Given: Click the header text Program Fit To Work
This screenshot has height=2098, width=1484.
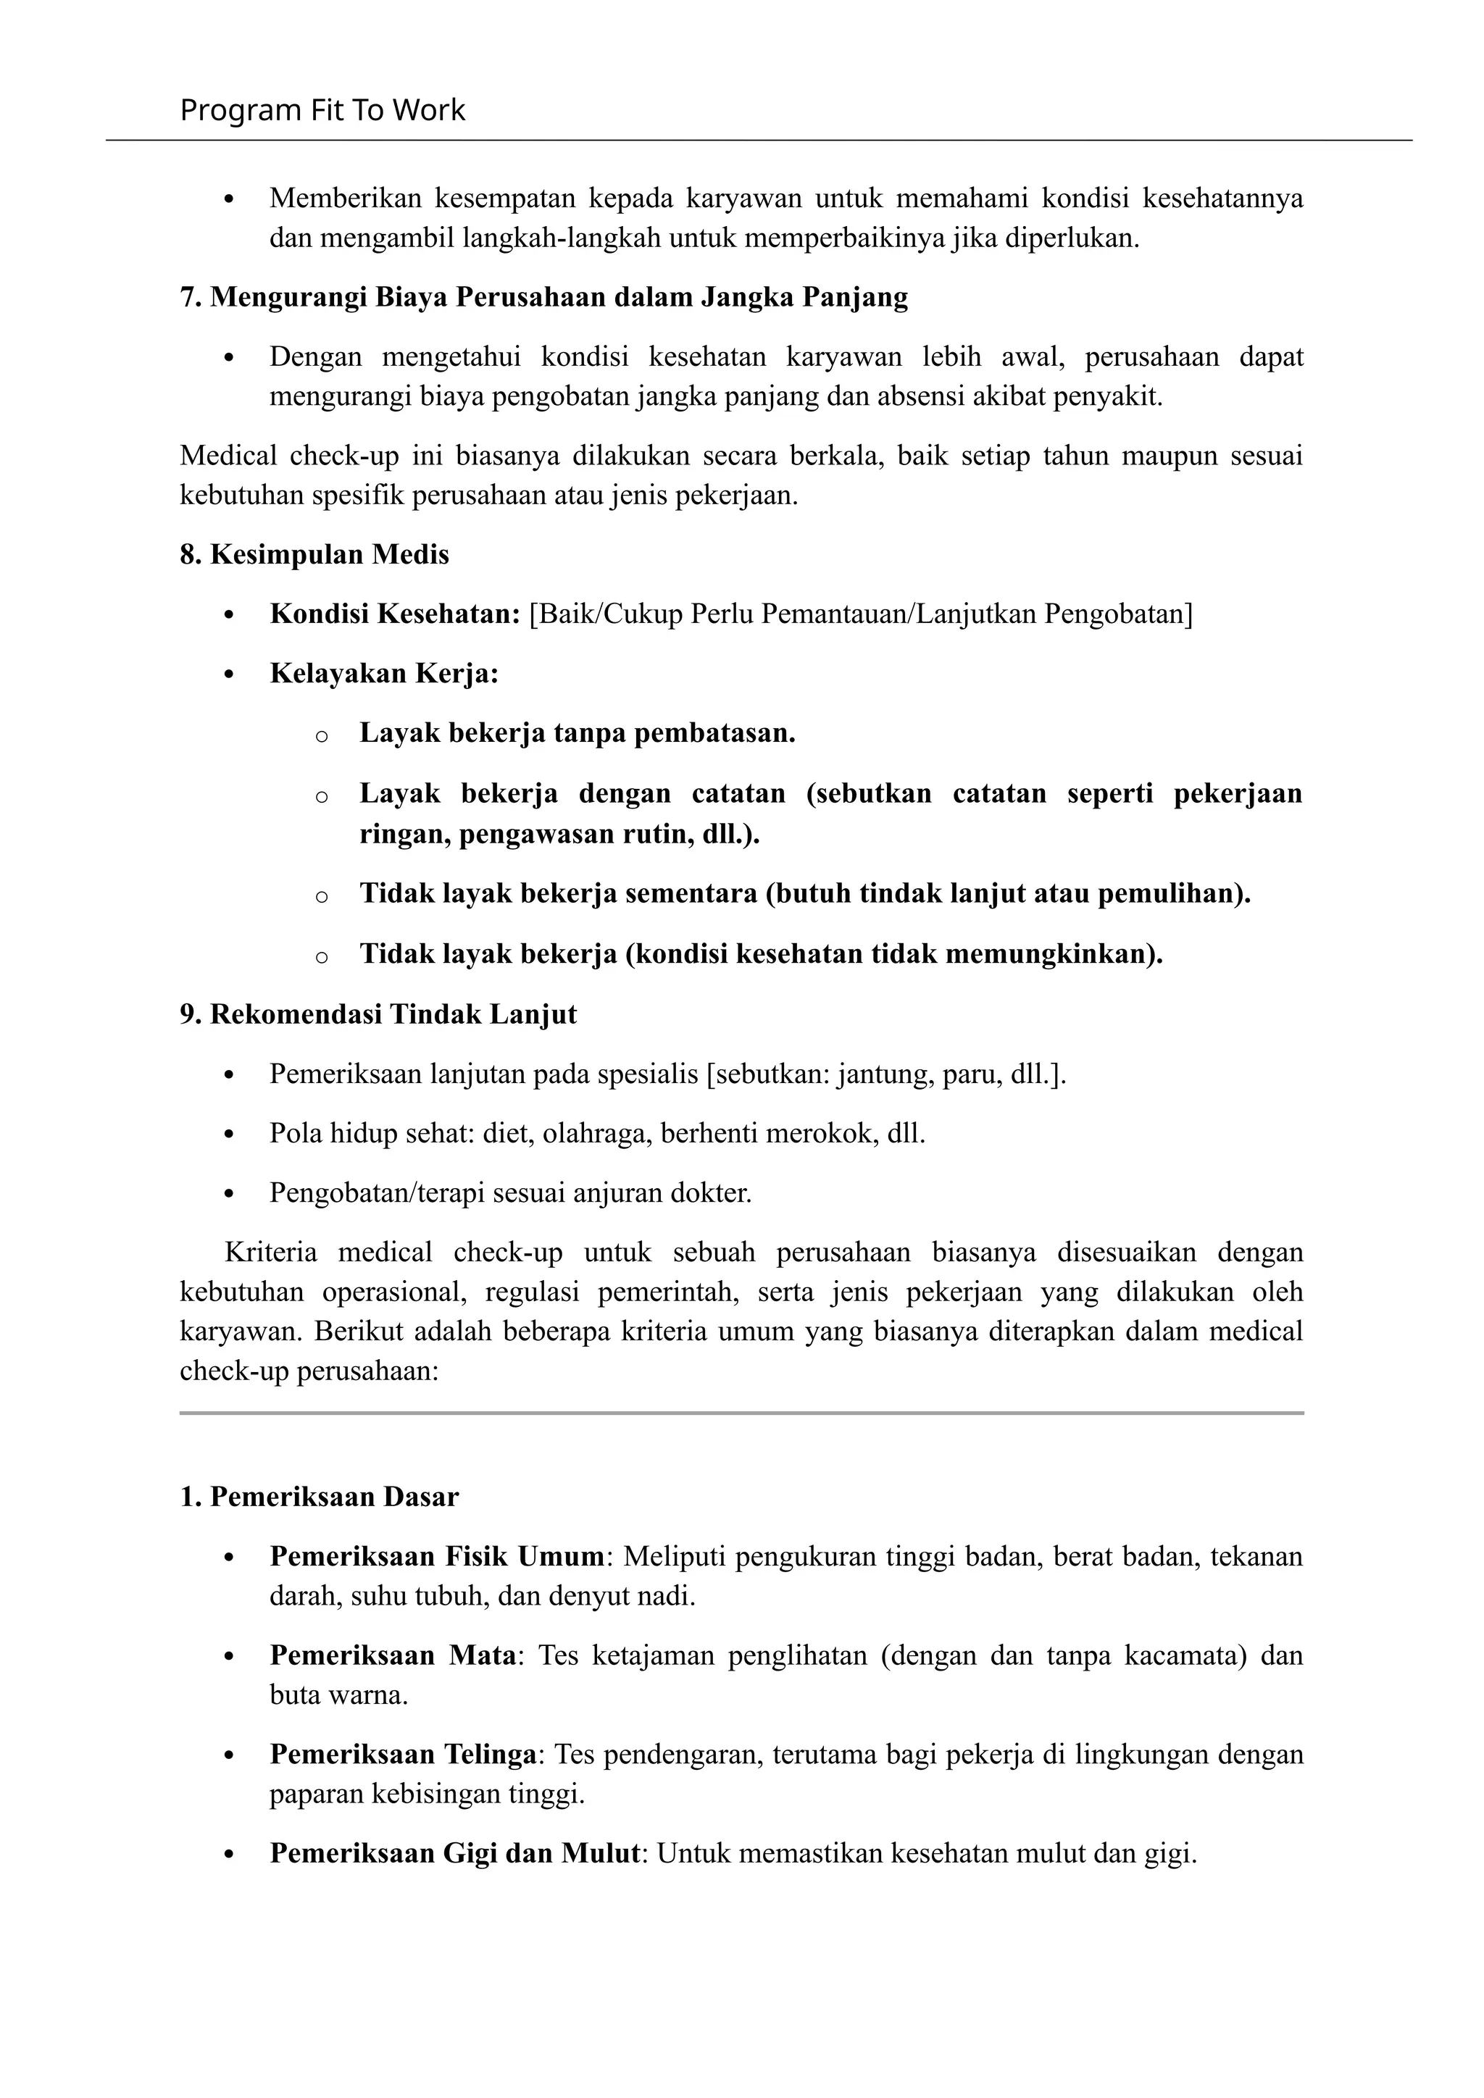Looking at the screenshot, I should pyautogui.click(x=322, y=111).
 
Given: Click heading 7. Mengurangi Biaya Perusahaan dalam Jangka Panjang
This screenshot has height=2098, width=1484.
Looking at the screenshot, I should pyautogui.click(x=543, y=298).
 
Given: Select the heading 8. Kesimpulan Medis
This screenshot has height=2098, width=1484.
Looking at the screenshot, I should pyautogui.click(x=314, y=555).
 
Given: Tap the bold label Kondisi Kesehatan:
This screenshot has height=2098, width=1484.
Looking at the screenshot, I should pyautogui.click(x=395, y=614).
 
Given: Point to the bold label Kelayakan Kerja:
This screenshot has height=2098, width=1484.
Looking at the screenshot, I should pyautogui.click(x=384, y=674).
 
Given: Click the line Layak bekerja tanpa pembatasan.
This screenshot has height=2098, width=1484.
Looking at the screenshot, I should pyautogui.click(x=577, y=733).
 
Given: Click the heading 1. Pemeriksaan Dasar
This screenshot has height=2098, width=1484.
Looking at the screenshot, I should pyautogui.click(x=319, y=1497).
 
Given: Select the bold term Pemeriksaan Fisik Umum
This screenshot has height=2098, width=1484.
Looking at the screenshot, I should pyautogui.click(x=437, y=1556).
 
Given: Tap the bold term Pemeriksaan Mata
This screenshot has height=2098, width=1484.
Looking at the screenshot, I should pyautogui.click(x=393, y=1656).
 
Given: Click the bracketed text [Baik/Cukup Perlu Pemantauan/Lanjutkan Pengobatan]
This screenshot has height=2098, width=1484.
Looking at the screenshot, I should pyautogui.click(x=861, y=614).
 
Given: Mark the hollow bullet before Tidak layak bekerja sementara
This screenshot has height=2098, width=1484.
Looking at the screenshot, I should pyautogui.click(x=321, y=896).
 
